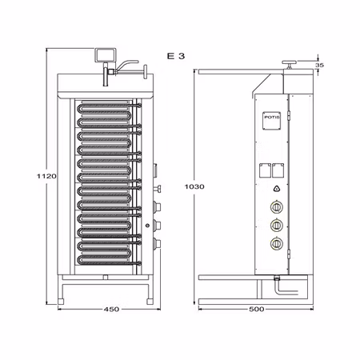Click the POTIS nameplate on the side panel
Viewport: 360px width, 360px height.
pyautogui.click(x=273, y=117)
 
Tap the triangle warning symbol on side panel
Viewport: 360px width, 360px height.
pyautogui.click(x=277, y=189)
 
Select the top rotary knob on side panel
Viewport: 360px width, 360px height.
pyautogui.click(x=277, y=207)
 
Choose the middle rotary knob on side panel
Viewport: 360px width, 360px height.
pyautogui.click(x=277, y=225)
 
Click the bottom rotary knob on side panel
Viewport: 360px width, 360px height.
pyautogui.click(x=277, y=243)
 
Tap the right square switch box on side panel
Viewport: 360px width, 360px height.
pyautogui.click(x=281, y=169)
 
